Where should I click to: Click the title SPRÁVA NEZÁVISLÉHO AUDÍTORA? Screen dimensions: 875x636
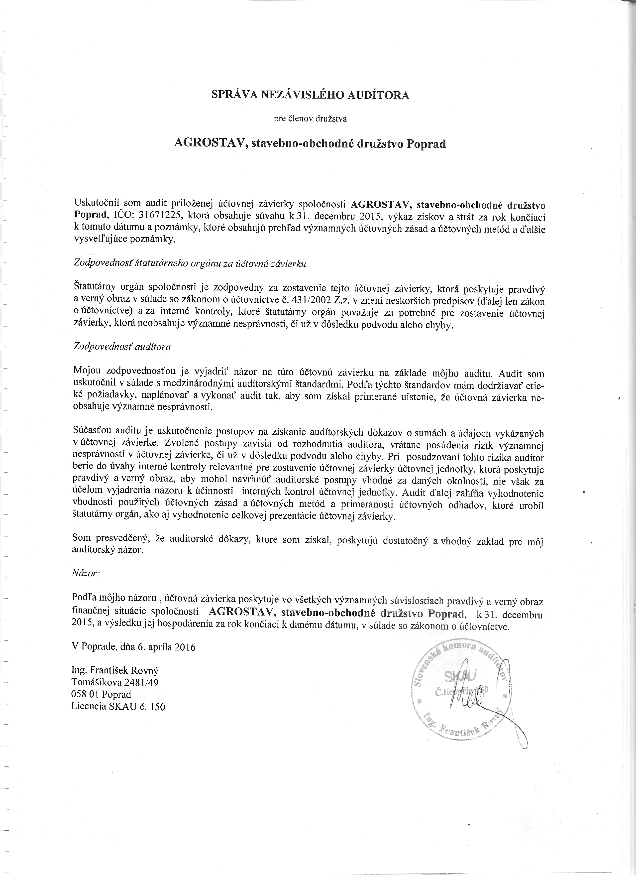click(x=311, y=95)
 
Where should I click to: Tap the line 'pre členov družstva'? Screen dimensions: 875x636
click(x=311, y=119)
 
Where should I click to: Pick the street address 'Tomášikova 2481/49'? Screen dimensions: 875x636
click(x=115, y=682)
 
